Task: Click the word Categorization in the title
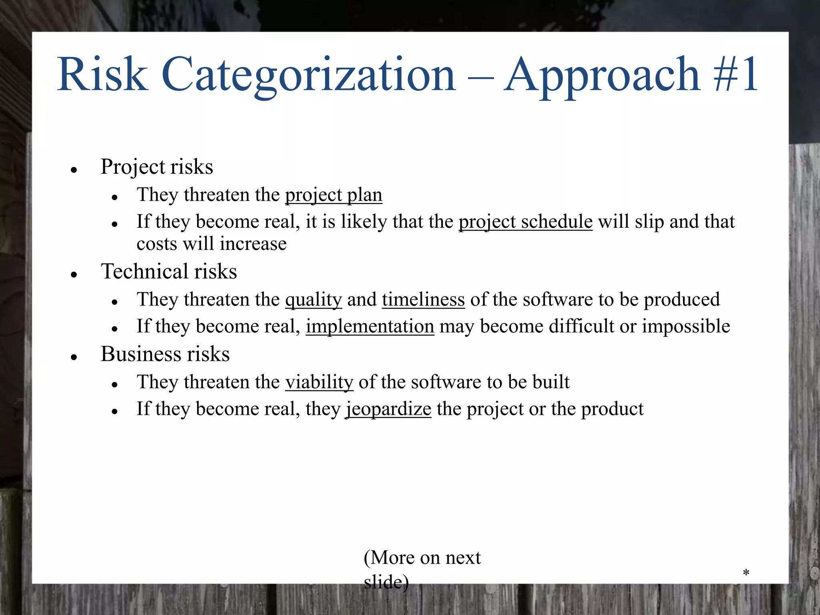point(308,75)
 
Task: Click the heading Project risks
point(157,167)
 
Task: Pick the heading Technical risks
point(169,271)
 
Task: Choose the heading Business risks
point(165,354)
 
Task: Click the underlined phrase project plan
point(334,195)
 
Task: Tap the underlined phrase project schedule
point(525,222)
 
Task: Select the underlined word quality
point(314,300)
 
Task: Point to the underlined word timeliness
point(423,300)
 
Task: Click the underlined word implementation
point(370,326)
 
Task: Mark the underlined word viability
point(319,382)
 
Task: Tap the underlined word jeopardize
point(388,409)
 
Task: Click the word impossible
point(686,326)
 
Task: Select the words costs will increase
point(211,244)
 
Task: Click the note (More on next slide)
point(422,569)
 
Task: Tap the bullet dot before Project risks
point(73,170)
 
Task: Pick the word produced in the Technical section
point(681,300)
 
